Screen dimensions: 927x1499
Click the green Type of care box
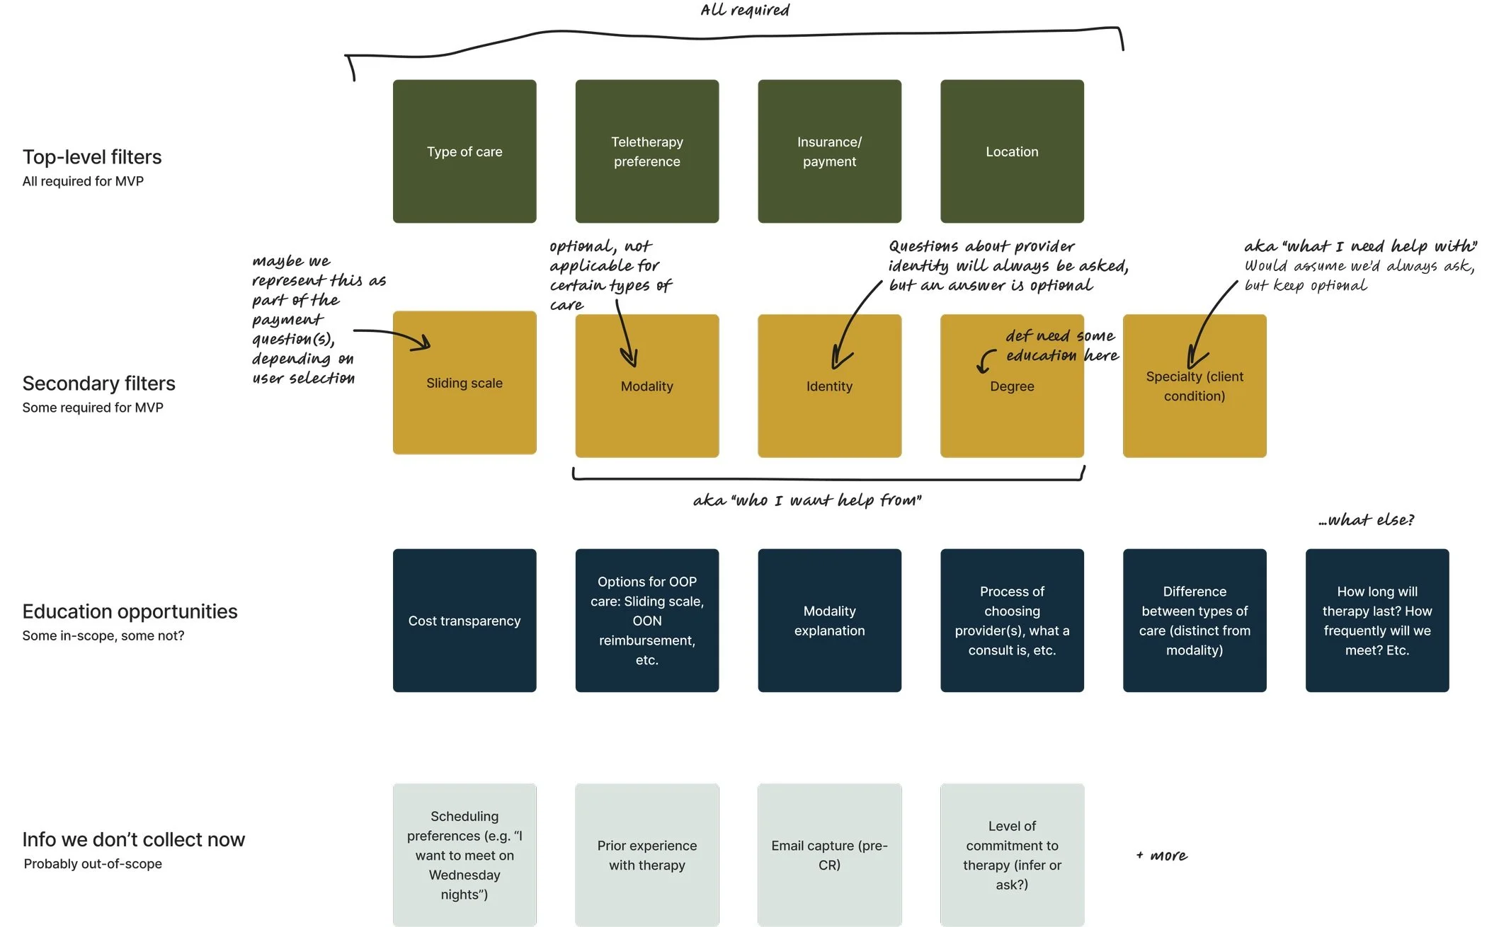click(x=464, y=151)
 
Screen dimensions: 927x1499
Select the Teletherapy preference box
click(x=646, y=151)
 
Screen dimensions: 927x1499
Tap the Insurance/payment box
click(x=829, y=151)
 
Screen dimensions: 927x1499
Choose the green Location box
click(x=1012, y=151)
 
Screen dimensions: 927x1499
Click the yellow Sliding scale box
click(x=464, y=383)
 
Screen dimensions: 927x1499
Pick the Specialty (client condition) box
click(x=1195, y=386)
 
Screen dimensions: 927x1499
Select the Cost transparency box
click(x=464, y=621)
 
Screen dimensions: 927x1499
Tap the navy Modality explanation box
click(x=829, y=621)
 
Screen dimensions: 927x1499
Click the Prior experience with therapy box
click(x=646, y=855)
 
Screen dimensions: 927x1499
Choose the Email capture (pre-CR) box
click(x=829, y=855)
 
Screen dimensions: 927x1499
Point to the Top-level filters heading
click(x=92, y=157)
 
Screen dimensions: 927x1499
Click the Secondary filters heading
click(x=98, y=384)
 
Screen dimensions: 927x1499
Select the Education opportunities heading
click(x=130, y=611)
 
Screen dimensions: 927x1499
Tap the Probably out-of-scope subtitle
click(x=93, y=864)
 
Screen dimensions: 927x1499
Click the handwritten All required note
click(x=745, y=11)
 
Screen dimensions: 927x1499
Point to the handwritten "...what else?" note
click(x=1366, y=520)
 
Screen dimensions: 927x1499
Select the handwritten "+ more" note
click(x=1162, y=856)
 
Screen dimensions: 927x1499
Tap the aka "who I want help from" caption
click(x=807, y=501)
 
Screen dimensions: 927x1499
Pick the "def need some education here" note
click(x=1061, y=345)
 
